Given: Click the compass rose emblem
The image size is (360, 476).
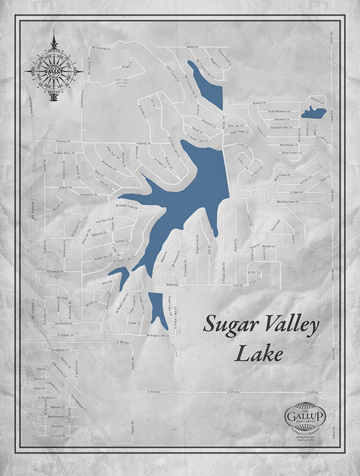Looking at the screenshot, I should pyautogui.click(x=54, y=72).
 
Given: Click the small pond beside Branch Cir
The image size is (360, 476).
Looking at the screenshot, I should pyautogui.click(x=313, y=113).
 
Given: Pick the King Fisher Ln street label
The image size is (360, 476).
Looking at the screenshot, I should pyautogui.click(x=291, y=153).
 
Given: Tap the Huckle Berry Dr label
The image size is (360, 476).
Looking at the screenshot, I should pyautogui.click(x=60, y=153).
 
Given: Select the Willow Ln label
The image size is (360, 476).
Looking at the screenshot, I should pyautogui.click(x=268, y=246).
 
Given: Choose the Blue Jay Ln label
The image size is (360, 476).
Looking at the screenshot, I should pyautogui.click(x=235, y=126).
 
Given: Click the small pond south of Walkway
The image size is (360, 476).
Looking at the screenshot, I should pyautogui.click(x=158, y=309).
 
